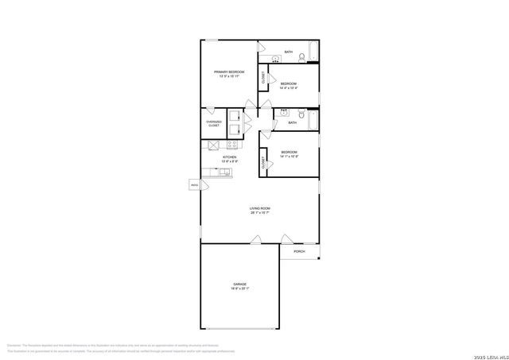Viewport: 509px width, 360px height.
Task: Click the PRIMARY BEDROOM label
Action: (228, 74)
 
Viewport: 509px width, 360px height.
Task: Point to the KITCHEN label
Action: (229, 158)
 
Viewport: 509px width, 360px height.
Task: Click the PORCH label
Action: (299, 251)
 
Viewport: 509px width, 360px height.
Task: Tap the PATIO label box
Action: (194, 184)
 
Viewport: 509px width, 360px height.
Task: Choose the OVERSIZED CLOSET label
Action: (213, 124)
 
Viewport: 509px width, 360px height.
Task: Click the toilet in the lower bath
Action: (305, 114)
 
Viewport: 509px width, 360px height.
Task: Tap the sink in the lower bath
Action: (282, 114)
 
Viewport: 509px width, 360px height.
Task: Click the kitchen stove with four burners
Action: (232, 145)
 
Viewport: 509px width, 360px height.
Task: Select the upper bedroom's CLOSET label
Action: (263, 77)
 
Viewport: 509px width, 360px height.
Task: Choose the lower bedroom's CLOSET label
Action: (262, 163)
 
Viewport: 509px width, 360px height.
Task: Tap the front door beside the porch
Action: (286, 238)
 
